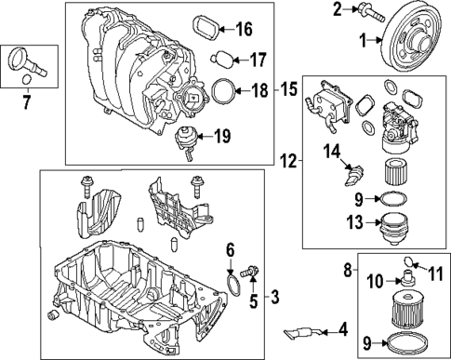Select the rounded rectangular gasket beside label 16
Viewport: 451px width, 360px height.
[x=207, y=27]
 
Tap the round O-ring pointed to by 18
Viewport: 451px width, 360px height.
[x=222, y=91]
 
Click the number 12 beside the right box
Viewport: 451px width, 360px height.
[x=288, y=161]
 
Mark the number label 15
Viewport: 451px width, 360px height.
[x=288, y=90]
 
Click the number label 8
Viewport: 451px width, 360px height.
[x=346, y=270]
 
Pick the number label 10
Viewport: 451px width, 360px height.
[x=374, y=280]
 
